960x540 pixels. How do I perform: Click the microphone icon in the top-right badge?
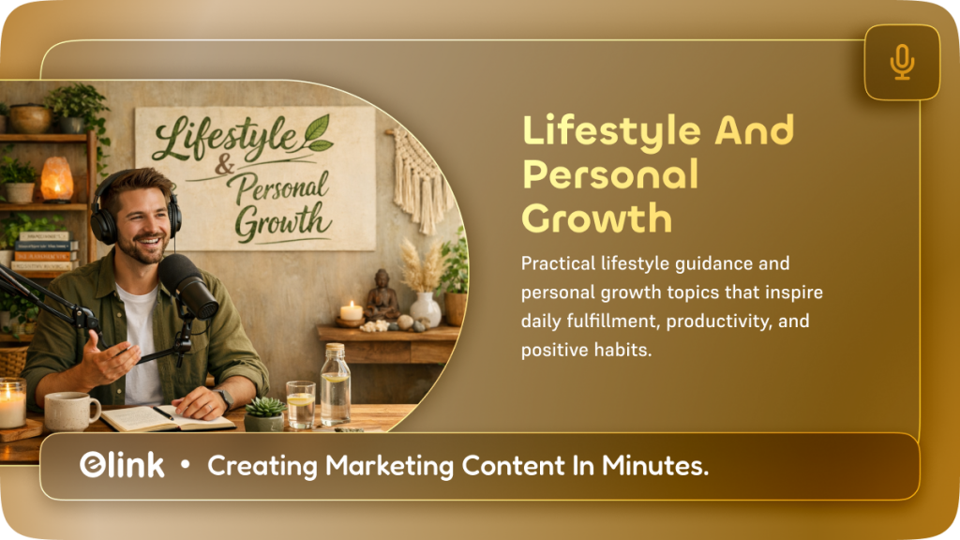click(x=902, y=62)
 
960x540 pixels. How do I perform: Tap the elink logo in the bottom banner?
click(x=122, y=466)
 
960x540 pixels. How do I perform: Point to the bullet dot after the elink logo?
click(x=186, y=466)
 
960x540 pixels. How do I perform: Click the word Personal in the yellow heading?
click(x=609, y=174)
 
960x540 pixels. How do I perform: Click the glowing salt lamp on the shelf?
click(x=56, y=178)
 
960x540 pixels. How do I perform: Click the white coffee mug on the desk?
click(x=69, y=411)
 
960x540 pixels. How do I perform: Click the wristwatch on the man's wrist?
click(x=225, y=397)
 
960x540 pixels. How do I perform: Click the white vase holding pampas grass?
click(x=425, y=308)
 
